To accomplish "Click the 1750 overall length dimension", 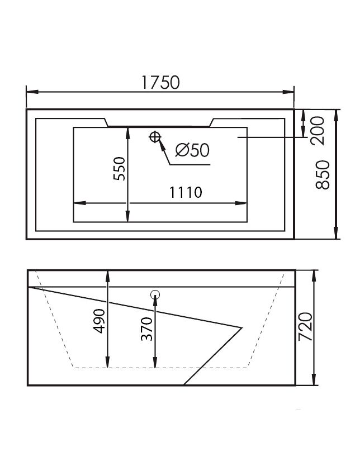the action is (x=160, y=82).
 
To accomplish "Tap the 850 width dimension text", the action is (x=323, y=174).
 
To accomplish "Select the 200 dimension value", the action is (x=318, y=131).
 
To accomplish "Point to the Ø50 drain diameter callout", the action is (x=192, y=150).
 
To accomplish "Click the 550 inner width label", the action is (x=119, y=169).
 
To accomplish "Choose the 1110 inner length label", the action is (x=186, y=193).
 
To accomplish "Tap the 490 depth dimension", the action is (x=100, y=321).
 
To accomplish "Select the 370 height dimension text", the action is (x=147, y=329).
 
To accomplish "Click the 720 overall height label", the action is (x=306, y=326).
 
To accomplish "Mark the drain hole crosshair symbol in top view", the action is (x=155, y=137).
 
